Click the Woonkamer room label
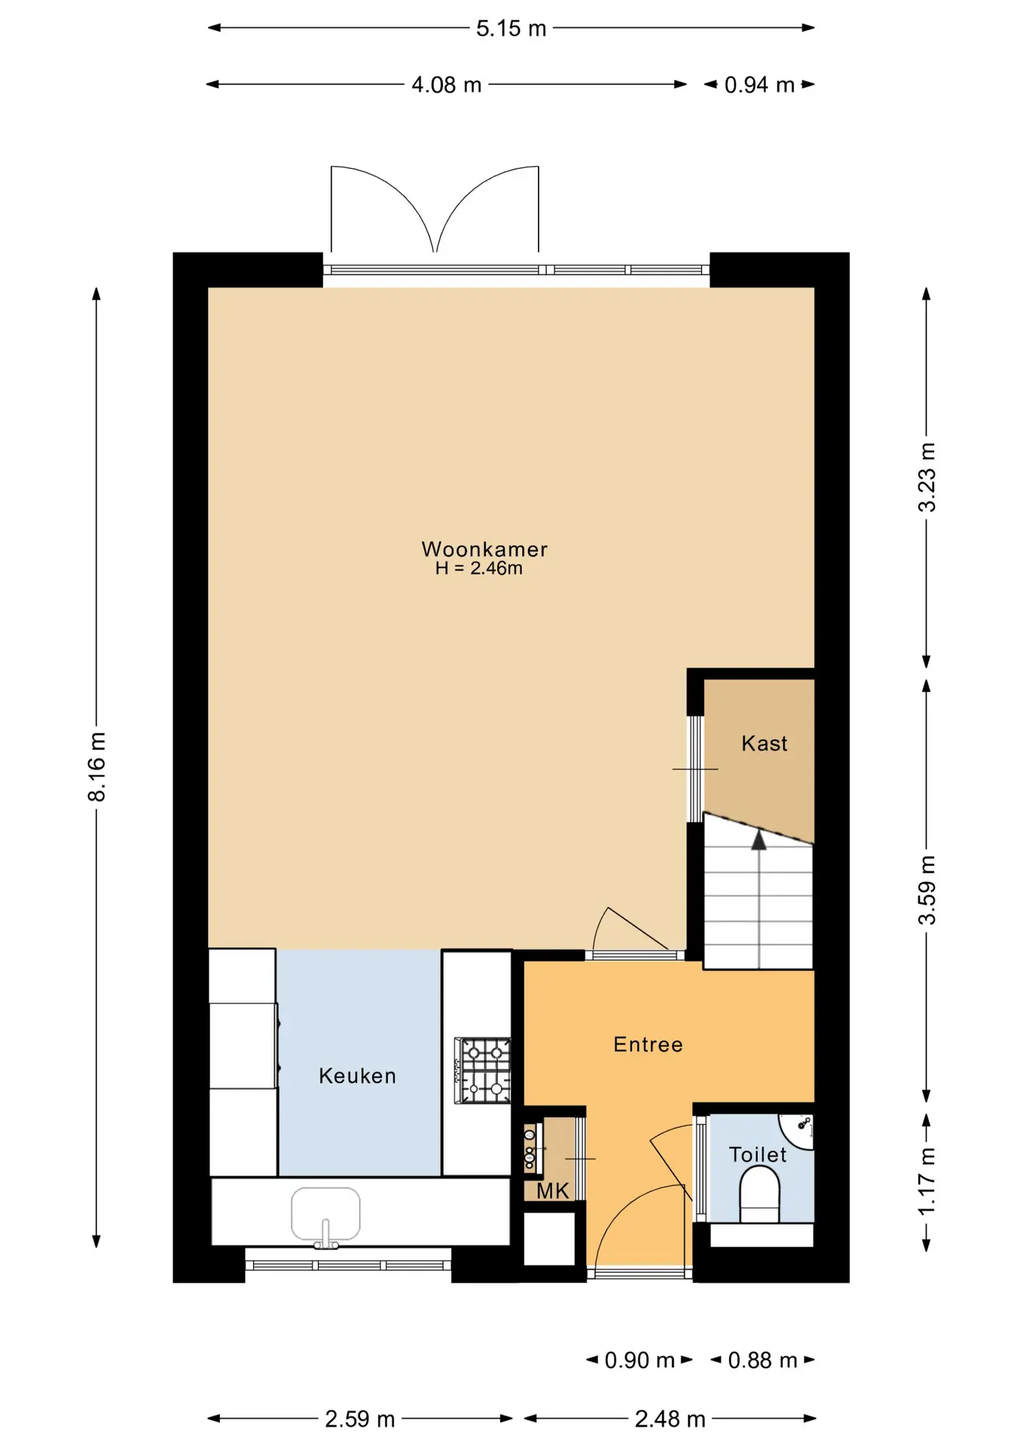pyautogui.click(x=484, y=549)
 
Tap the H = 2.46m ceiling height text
pyautogui.click(x=479, y=569)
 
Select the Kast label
pyautogui.click(x=764, y=743)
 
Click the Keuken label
pyautogui.click(x=357, y=1075)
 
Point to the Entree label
pyautogui.click(x=648, y=1044)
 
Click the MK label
pyautogui.click(x=553, y=1191)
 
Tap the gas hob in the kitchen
pyautogui.click(x=483, y=1071)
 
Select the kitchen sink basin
pyautogui.click(x=325, y=1213)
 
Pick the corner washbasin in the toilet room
pyautogui.click(x=798, y=1131)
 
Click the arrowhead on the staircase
pyautogui.click(x=759, y=840)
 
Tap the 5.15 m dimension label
pyautogui.click(x=511, y=29)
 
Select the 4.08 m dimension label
pyautogui.click(x=446, y=84)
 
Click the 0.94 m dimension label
pyautogui.click(x=759, y=84)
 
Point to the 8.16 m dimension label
pyautogui.click(x=96, y=767)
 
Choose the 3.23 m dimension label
pyautogui.click(x=927, y=477)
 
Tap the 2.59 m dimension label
pyautogui.click(x=360, y=1419)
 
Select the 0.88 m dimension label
pyautogui.click(x=762, y=1360)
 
